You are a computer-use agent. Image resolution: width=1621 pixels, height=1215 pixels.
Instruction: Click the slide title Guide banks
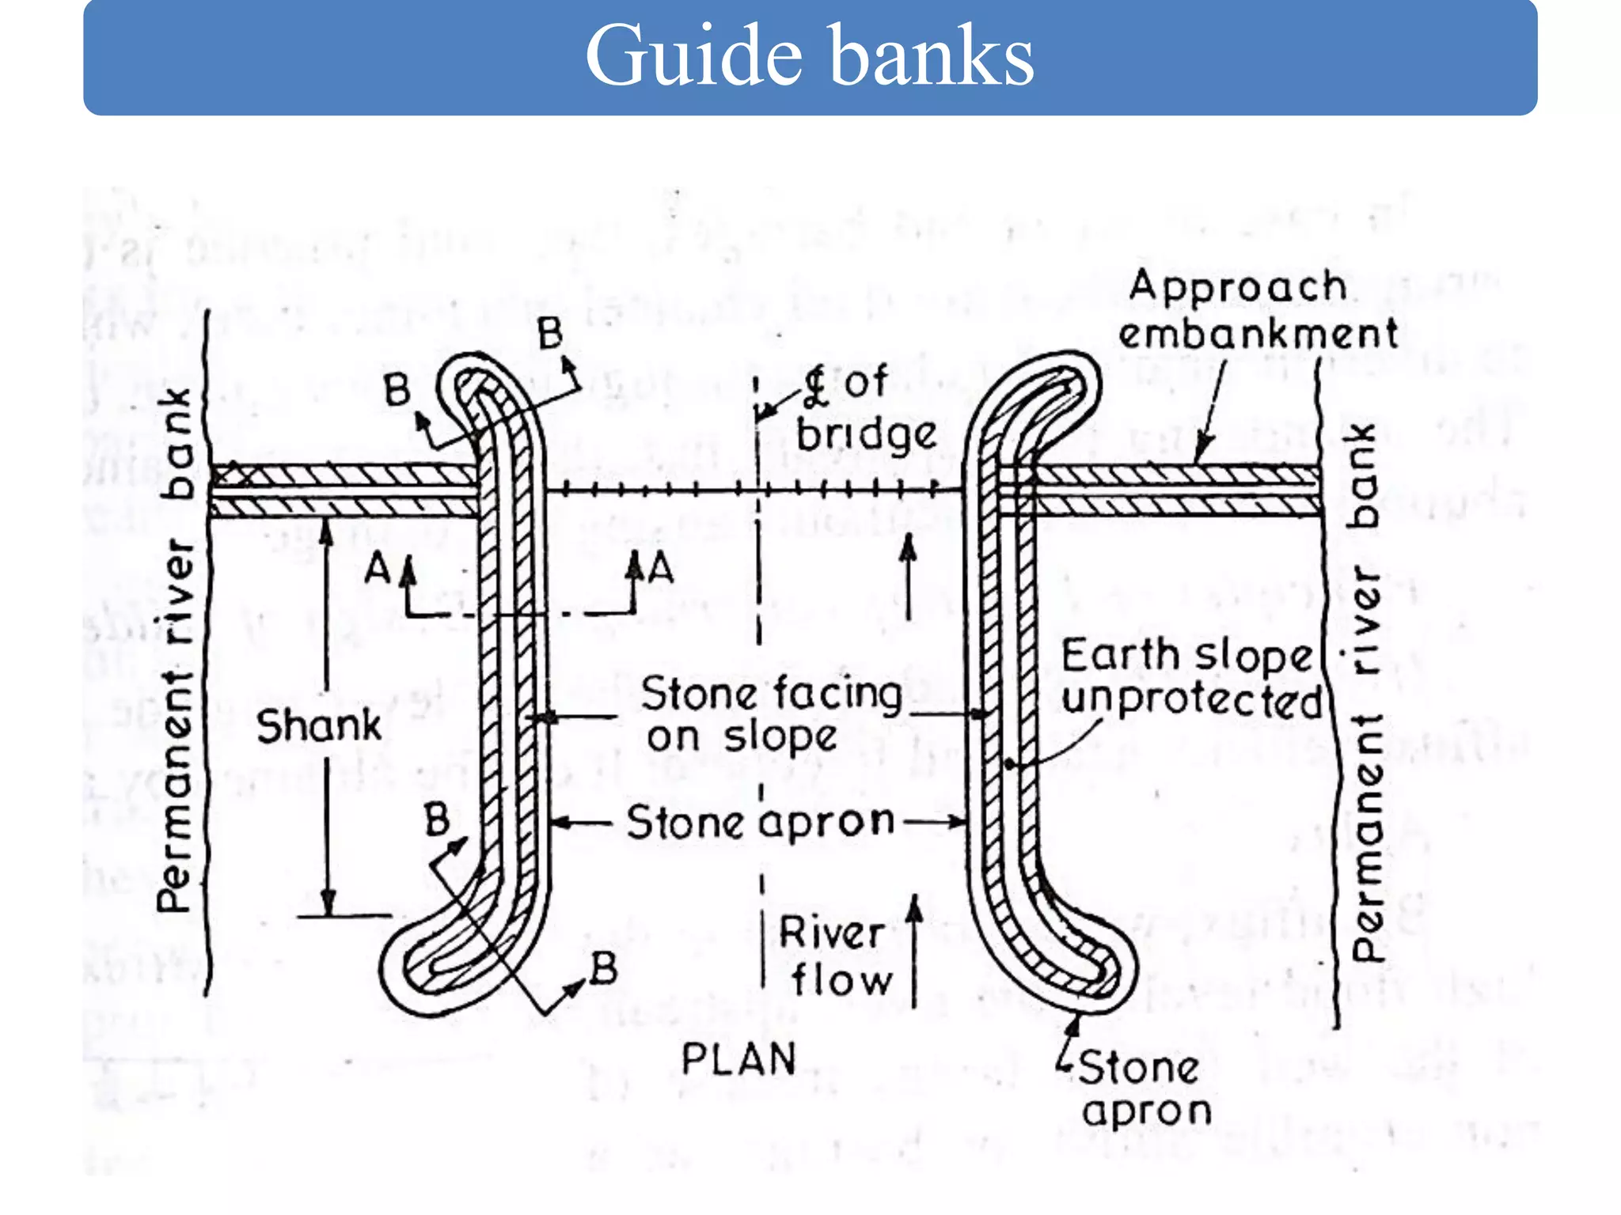click(x=809, y=55)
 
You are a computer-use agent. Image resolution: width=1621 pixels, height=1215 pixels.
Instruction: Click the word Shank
click(x=319, y=726)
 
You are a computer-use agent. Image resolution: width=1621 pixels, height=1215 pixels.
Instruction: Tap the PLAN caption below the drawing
click(x=738, y=1059)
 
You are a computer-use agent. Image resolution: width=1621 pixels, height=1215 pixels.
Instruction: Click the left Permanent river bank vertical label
click(x=175, y=649)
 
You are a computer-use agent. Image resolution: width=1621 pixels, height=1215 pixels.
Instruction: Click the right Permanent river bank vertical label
click(x=1367, y=692)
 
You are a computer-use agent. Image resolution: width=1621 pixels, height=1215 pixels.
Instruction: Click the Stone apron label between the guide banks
click(x=760, y=823)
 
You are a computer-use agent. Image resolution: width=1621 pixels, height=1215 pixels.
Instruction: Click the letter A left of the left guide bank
click(x=378, y=569)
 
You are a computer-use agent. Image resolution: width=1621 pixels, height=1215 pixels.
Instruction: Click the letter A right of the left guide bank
click(x=661, y=569)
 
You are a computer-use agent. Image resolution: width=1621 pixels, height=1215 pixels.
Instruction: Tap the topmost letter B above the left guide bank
click(x=550, y=333)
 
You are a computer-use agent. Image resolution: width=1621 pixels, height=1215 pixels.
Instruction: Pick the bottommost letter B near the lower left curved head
click(x=604, y=969)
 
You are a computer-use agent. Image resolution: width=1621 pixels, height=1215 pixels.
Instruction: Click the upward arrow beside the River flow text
click(x=914, y=949)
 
